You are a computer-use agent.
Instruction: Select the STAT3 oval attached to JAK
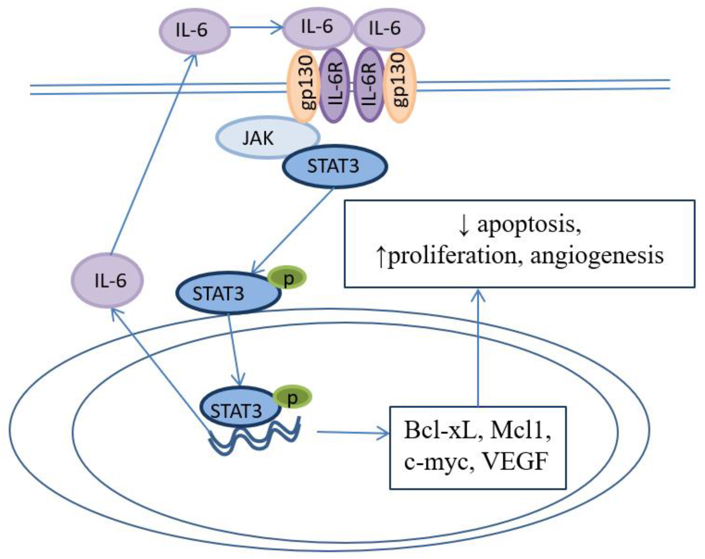tap(334, 166)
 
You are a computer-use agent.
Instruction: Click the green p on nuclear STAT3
tap(292, 397)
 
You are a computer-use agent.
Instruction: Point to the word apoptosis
tap(529, 225)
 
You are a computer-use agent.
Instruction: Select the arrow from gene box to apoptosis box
tap(479, 347)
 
